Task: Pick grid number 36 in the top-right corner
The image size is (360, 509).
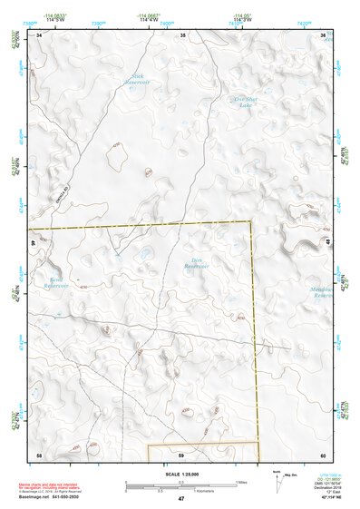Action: (x=324, y=34)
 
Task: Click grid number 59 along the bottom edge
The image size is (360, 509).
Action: (x=180, y=454)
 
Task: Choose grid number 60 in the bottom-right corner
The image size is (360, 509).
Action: (x=323, y=454)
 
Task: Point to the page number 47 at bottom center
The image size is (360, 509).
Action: (x=180, y=499)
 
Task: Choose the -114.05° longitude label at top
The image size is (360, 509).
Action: (x=242, y=15)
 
